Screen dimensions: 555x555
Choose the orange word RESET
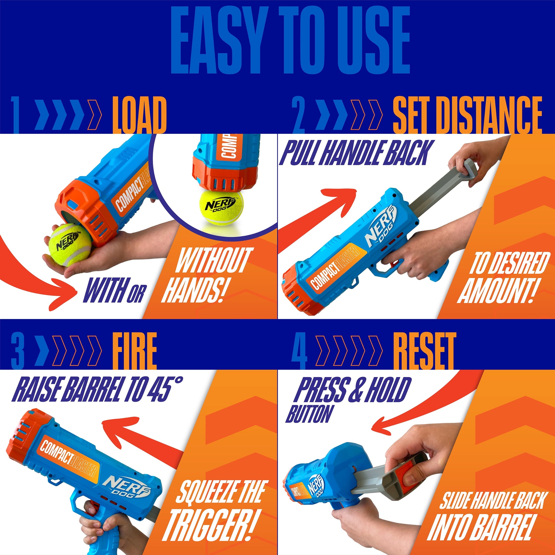tap(424, 351)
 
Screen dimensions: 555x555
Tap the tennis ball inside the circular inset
tap(221, 207)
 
